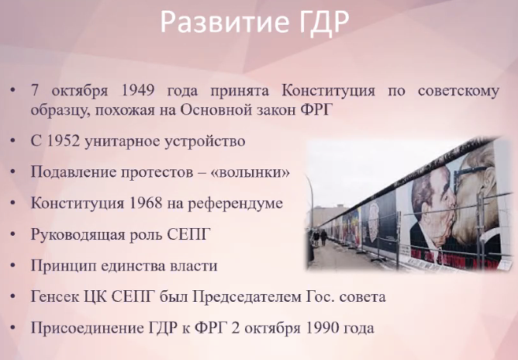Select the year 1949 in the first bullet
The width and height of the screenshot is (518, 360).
138,90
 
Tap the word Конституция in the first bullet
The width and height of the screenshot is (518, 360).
328,91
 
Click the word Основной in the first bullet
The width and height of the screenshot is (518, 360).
216,110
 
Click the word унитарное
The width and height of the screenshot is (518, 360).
123,142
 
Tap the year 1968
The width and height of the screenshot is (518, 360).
145,203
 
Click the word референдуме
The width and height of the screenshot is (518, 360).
235,203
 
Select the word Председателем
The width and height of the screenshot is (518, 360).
247,297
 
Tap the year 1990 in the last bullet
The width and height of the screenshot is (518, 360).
323,328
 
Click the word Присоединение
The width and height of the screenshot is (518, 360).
87,328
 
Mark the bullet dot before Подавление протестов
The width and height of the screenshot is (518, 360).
13,172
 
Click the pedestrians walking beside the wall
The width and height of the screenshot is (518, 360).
319,237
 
